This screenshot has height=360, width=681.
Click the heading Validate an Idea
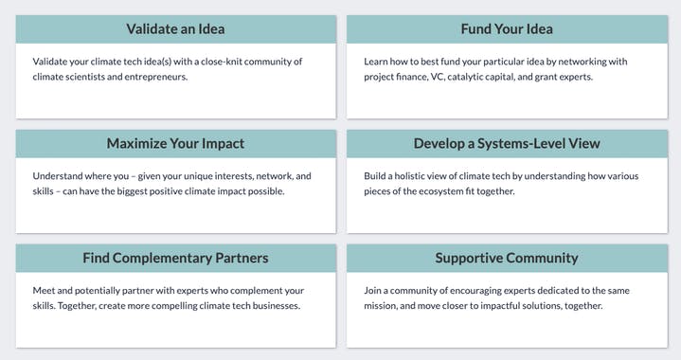175,28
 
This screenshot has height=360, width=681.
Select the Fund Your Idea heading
507,28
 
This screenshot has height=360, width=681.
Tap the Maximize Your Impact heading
175,143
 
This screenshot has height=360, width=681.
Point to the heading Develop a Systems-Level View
507,143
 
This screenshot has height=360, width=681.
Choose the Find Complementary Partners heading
175,258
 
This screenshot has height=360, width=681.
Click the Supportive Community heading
507,258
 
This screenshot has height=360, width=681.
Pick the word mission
385,306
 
